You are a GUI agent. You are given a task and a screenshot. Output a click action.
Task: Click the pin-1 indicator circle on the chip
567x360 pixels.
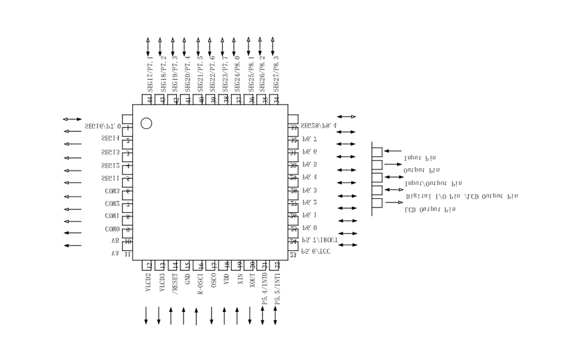tap(146, 123)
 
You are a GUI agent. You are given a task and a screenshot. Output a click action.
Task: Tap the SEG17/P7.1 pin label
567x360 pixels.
tap(150, 74)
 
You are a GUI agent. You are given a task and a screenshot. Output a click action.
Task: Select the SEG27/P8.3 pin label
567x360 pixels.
tap(276, 74)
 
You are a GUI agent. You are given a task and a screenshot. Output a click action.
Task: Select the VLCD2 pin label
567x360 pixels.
tap(148, 283)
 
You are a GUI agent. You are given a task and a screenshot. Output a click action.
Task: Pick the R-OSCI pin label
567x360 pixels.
tap(201, 284)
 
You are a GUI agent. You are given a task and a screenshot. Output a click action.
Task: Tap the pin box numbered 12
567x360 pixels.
tap(148, 265)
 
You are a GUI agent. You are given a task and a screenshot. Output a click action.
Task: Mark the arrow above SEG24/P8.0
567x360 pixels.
tap(234, 47)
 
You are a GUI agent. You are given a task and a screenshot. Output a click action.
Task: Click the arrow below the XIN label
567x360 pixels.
tap(237, 315)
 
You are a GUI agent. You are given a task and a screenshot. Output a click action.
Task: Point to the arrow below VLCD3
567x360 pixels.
tap(159, 315)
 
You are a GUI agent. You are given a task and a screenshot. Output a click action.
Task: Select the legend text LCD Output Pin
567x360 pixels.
tap(430, 209)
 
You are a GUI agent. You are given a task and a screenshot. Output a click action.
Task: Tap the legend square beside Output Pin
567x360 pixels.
tap(377, 165)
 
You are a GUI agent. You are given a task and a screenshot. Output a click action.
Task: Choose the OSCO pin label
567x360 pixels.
tap(213, 281)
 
